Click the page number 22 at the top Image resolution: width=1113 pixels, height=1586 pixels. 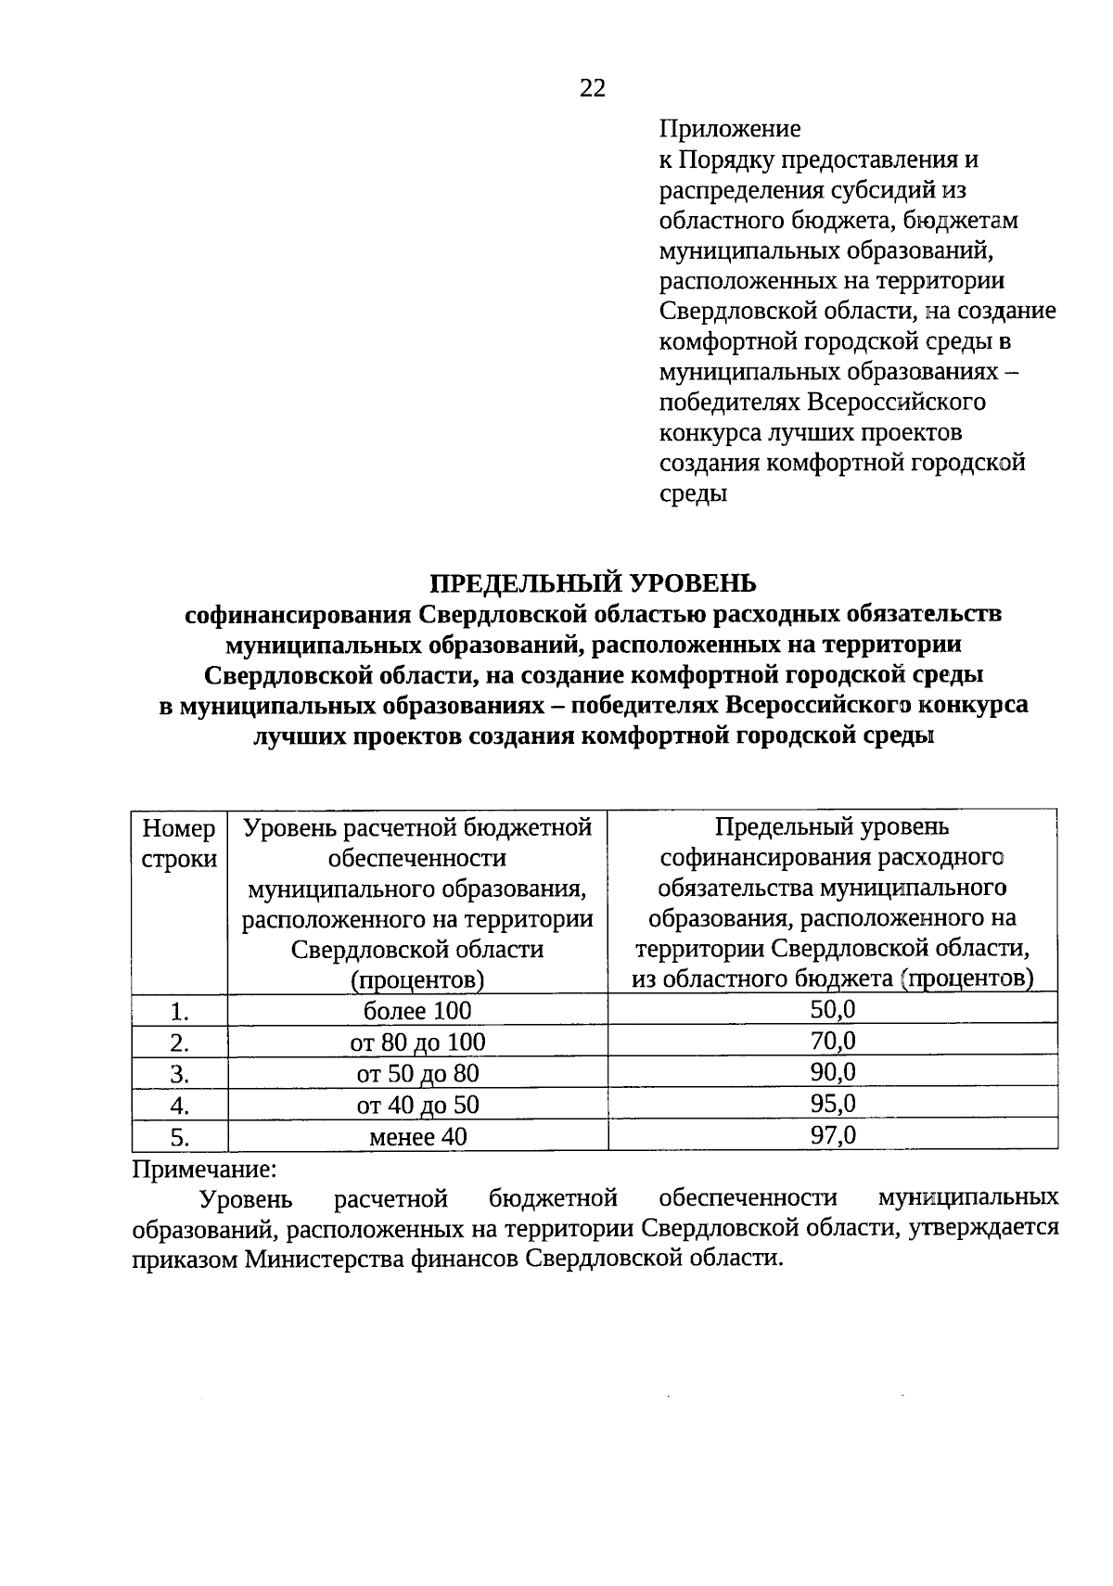[593, 88]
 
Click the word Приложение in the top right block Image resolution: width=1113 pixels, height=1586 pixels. [729, 129]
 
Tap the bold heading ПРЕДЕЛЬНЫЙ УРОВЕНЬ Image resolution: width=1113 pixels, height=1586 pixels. [593, 582]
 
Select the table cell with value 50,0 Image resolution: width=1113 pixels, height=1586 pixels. [833, 1009]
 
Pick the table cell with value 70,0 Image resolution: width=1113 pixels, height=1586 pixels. [833, 1041]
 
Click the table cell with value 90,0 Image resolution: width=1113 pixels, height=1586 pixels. [833, 1072]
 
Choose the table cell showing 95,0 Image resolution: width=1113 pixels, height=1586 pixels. [833, 1104]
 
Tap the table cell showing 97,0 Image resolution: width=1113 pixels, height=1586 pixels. [833, 1135]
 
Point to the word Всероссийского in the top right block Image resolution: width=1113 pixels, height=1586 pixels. [896, 403]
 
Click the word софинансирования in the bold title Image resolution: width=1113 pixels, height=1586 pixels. [298, 614]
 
